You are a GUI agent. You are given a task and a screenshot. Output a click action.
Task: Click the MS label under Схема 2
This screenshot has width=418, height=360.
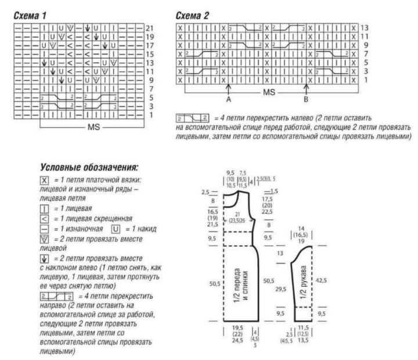pos(269,92)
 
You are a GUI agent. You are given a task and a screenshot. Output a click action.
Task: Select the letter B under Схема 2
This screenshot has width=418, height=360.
pos(306,99)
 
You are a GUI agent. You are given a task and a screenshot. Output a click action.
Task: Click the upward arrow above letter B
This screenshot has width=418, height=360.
pos(306,87)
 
